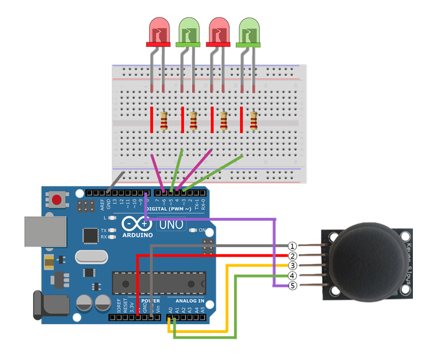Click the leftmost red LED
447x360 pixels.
158,31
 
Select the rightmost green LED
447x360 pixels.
248,31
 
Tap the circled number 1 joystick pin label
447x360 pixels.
293,246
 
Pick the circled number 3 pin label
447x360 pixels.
293,265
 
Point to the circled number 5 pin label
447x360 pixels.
293,286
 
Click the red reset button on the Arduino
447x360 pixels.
56,198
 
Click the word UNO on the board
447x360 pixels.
172,225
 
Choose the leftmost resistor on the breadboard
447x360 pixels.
164,121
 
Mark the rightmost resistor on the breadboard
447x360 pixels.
253,121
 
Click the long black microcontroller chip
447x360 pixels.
159,282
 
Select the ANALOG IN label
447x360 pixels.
189,301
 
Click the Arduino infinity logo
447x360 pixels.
136,223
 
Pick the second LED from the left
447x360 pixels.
188,31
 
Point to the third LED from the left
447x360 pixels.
218,31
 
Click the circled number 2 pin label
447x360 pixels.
293,255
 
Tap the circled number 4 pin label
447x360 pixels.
293,276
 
